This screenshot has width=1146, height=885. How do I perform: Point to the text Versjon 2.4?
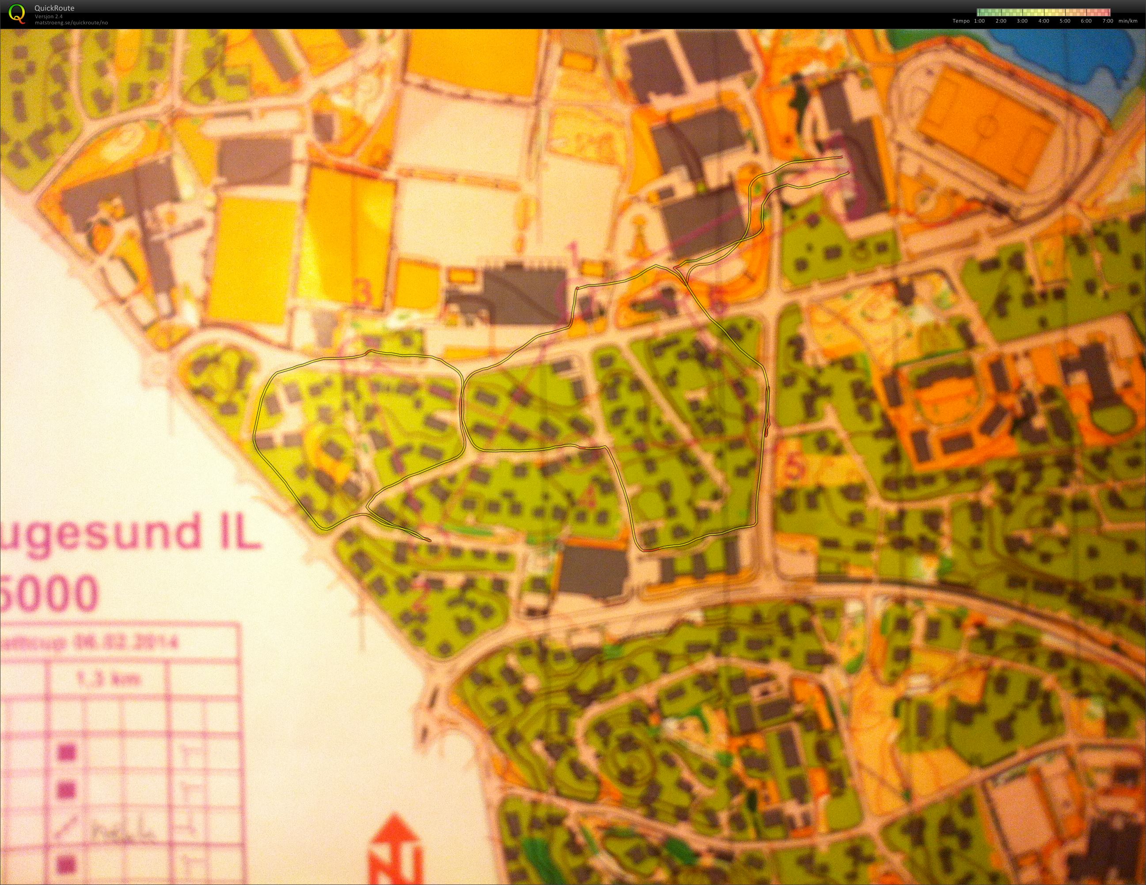[48, 16]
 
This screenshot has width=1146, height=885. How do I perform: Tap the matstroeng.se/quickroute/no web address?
[72, 23]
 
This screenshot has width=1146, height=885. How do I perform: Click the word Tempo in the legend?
[961, 21]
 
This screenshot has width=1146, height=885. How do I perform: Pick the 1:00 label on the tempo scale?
[979, 21]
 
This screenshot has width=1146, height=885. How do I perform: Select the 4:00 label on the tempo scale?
[1044, 21]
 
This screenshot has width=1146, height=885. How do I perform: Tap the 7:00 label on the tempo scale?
[1108, 21]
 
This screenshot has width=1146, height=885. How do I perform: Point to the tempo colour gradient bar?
[1043, 12]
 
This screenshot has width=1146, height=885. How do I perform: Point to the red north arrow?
[397, 845]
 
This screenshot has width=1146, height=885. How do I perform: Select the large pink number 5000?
[50, 592]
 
